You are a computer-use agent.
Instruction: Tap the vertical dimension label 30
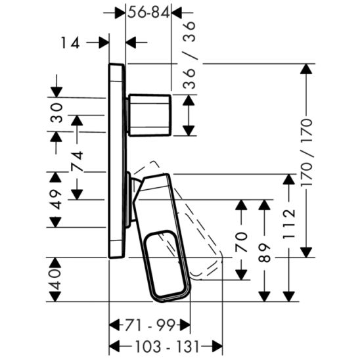pyautogui.click(x=57, y=113)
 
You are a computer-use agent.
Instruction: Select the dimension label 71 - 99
pyautogui.click(x=150, y=325)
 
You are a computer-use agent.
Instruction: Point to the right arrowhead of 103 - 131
pyautogui.click(x=219, y=346)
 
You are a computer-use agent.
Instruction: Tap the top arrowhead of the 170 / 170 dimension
pyautogui.click(x=306, y=68)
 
